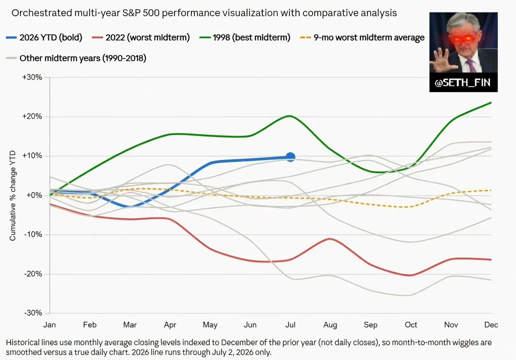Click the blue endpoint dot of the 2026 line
(290, 157)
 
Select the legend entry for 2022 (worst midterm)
(141, 37)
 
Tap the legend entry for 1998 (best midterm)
(245, 37)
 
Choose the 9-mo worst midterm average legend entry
(362, 37)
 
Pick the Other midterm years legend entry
(76, 58)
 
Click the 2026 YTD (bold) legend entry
(44, 37)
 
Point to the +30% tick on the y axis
(32, 77)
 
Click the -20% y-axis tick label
(33, 274)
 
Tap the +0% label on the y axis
(34, 195)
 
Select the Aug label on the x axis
(330, 325)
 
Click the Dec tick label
(491, 325)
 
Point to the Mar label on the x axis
(130, 325)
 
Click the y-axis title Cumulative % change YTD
(12, 195)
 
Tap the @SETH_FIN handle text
(463, 83)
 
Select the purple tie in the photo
(471, 65)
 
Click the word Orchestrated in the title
(42, 13)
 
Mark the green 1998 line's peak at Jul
(290, 116)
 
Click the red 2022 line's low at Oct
(411, 275)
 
